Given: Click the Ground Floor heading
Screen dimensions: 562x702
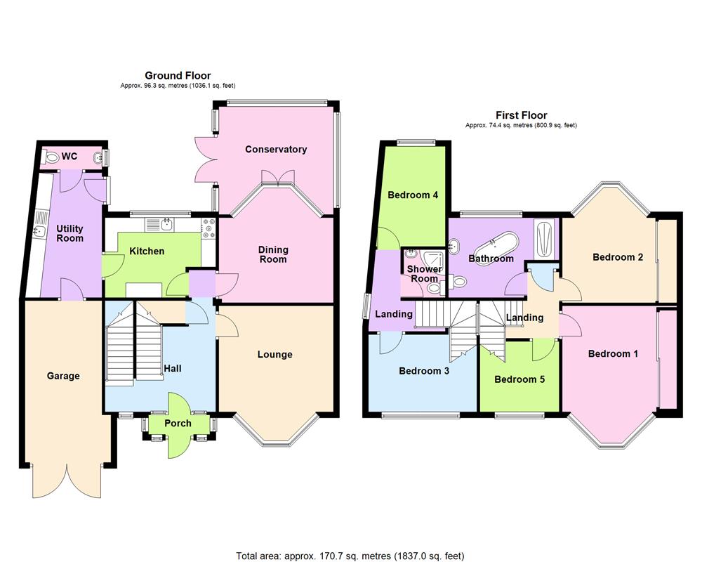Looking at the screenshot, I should pyautogui.click(x=178, y=75).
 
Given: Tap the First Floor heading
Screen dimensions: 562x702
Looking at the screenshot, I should pyautogui.click(x=521, y=115).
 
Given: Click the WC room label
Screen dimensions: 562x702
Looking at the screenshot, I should pyautogui.click(x=69, y=156).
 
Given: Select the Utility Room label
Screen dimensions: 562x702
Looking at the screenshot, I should pyautogui.click(x=70, y=233).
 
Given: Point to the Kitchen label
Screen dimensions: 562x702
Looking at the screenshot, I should pyautogui.click(x=147, y=251).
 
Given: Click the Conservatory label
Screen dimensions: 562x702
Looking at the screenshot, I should pyautogui.click(x=276, y=149).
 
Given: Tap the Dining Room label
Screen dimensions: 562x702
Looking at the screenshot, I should pyautogui.click(x=273, y=254).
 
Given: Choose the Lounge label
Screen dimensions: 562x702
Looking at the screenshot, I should pyautogui.click(x=274, y=354).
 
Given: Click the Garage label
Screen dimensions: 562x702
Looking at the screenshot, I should pyautogui.click(x=63, y=376).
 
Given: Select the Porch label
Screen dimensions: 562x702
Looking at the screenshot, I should pyautogui.click(x=178, y=423).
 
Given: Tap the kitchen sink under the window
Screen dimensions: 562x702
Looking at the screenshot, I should pyautogui.click(x=166, y=224).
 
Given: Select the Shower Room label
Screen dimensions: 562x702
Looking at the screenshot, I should pyautogui.click(x=425, y=274).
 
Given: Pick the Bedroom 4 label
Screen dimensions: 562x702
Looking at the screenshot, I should pyautogui.click(x=413, y=195).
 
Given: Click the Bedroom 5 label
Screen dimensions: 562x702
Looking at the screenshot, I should pyautogui.click(x=519, y=379).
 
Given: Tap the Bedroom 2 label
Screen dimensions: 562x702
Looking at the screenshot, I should pyautogui.click(x=618, y=257).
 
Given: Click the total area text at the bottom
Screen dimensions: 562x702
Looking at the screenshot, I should pyautogui.click(x=350, y=555).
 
